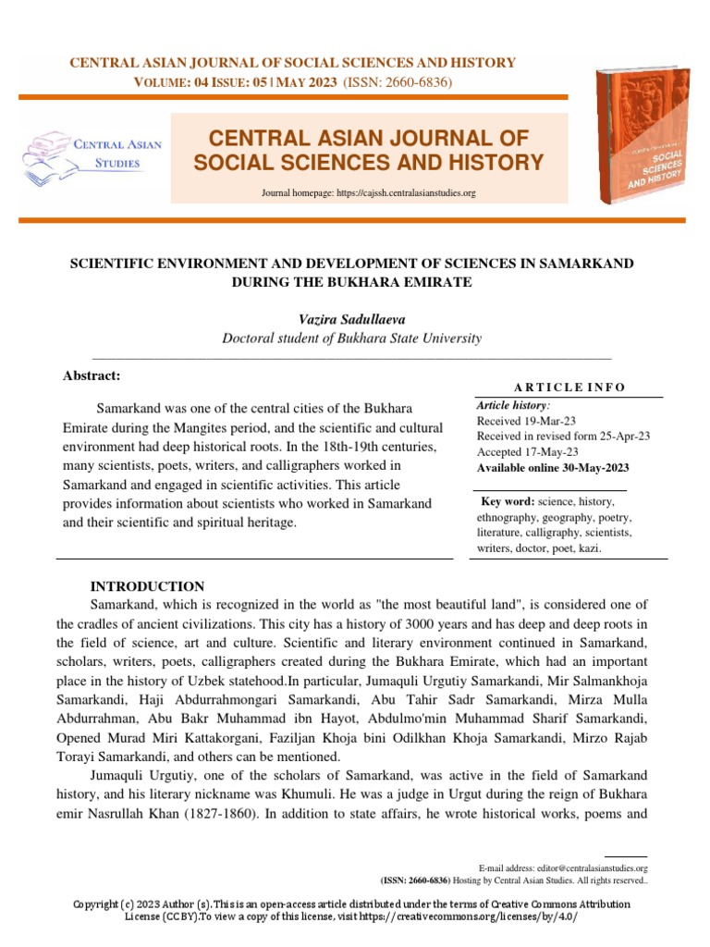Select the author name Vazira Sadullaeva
pos(351,318)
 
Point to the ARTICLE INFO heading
pos(568,387)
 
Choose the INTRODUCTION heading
pos(146,586)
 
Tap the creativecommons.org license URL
pos(490,916)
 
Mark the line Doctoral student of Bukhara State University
pos(351,338)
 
